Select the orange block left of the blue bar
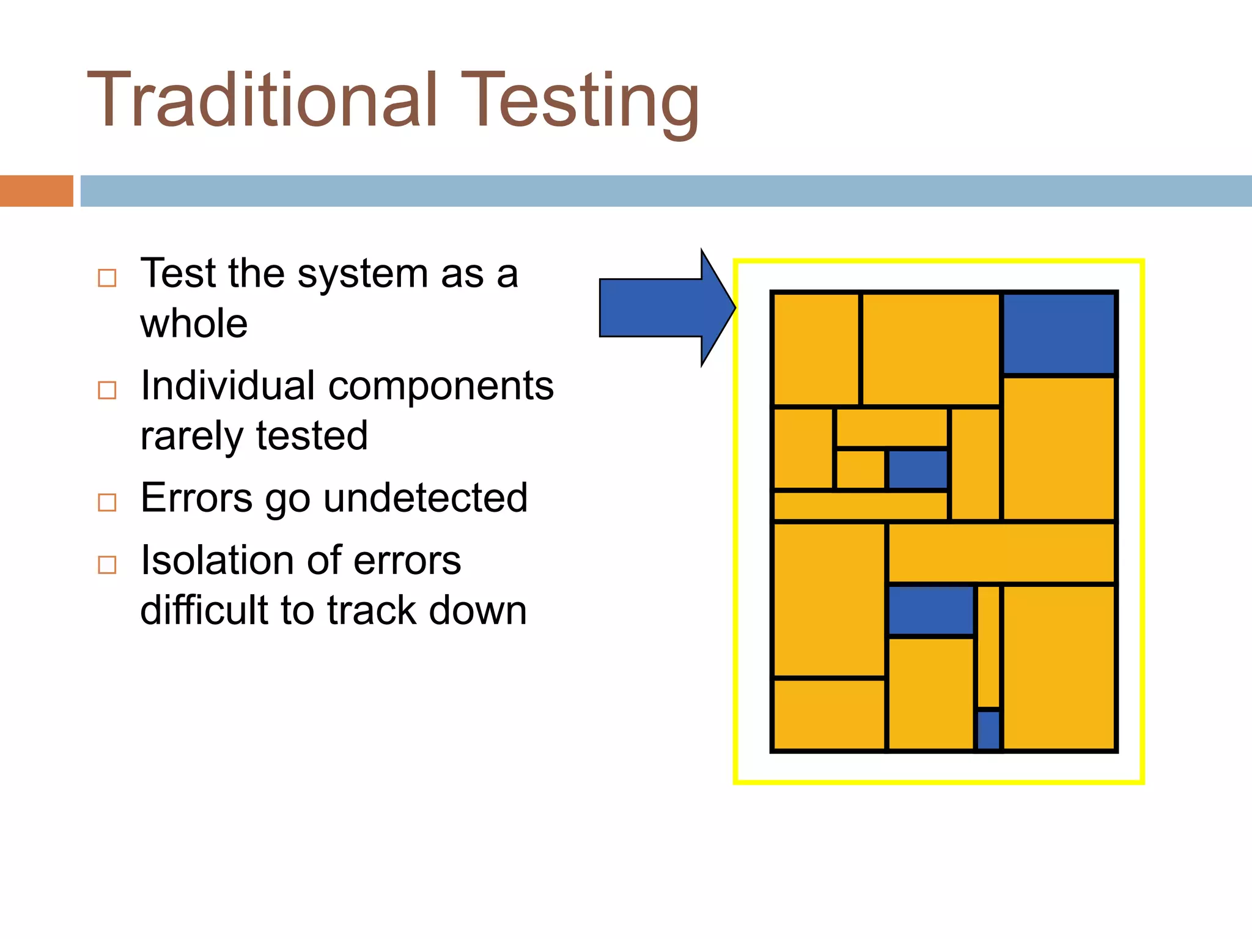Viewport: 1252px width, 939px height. click(36, 191)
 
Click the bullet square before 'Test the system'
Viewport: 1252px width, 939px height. click(107, 278)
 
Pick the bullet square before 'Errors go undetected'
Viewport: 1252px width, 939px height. click(107, 503)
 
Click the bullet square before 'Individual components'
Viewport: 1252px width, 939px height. click(107, 390)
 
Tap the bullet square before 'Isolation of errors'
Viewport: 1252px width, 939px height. click(107, 564)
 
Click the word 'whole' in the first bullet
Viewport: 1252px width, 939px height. click(194, 323)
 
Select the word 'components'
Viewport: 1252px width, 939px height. click(441, 386)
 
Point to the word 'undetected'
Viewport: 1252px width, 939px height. click(425, 498)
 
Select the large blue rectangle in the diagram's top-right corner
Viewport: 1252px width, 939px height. click(1058, 334)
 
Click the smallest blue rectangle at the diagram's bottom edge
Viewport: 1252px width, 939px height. click(989, 729)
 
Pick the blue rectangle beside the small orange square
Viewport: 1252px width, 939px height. click(918, 469)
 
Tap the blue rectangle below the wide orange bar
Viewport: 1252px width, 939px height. click(930, 610)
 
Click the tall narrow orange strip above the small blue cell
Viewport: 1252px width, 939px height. click(989, 646)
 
